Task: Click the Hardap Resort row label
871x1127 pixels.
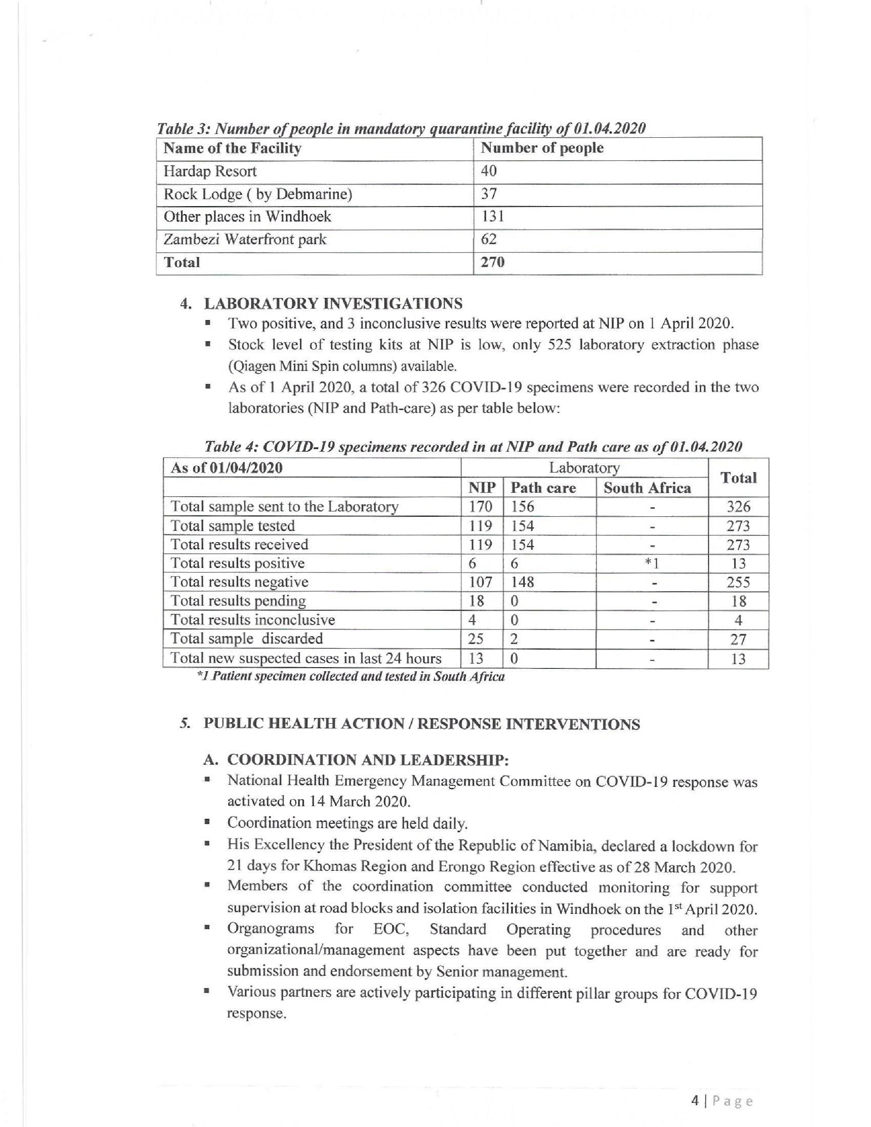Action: point(210,171)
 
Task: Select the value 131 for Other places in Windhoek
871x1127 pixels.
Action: point(492,216)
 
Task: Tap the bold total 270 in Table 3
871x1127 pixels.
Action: point(492,262)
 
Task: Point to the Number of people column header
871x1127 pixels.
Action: point(542,148)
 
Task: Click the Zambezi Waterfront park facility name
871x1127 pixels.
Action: point(245,239)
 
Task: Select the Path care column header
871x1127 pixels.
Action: point(544,488)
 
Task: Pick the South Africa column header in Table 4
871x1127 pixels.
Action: point(647,488)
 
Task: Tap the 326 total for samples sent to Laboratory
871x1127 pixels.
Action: point(738,507)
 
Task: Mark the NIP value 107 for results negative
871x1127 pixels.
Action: point(480,582)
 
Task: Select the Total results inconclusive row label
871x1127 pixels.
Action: point(253,620)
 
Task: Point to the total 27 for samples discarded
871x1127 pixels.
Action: point(738,639)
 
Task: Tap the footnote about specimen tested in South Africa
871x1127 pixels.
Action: point(351,677)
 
